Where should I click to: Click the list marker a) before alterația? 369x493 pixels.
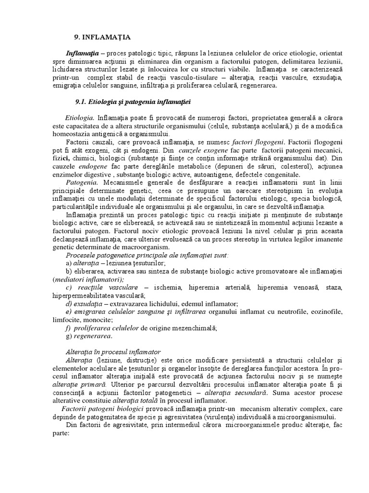click(x=69, y=263)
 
